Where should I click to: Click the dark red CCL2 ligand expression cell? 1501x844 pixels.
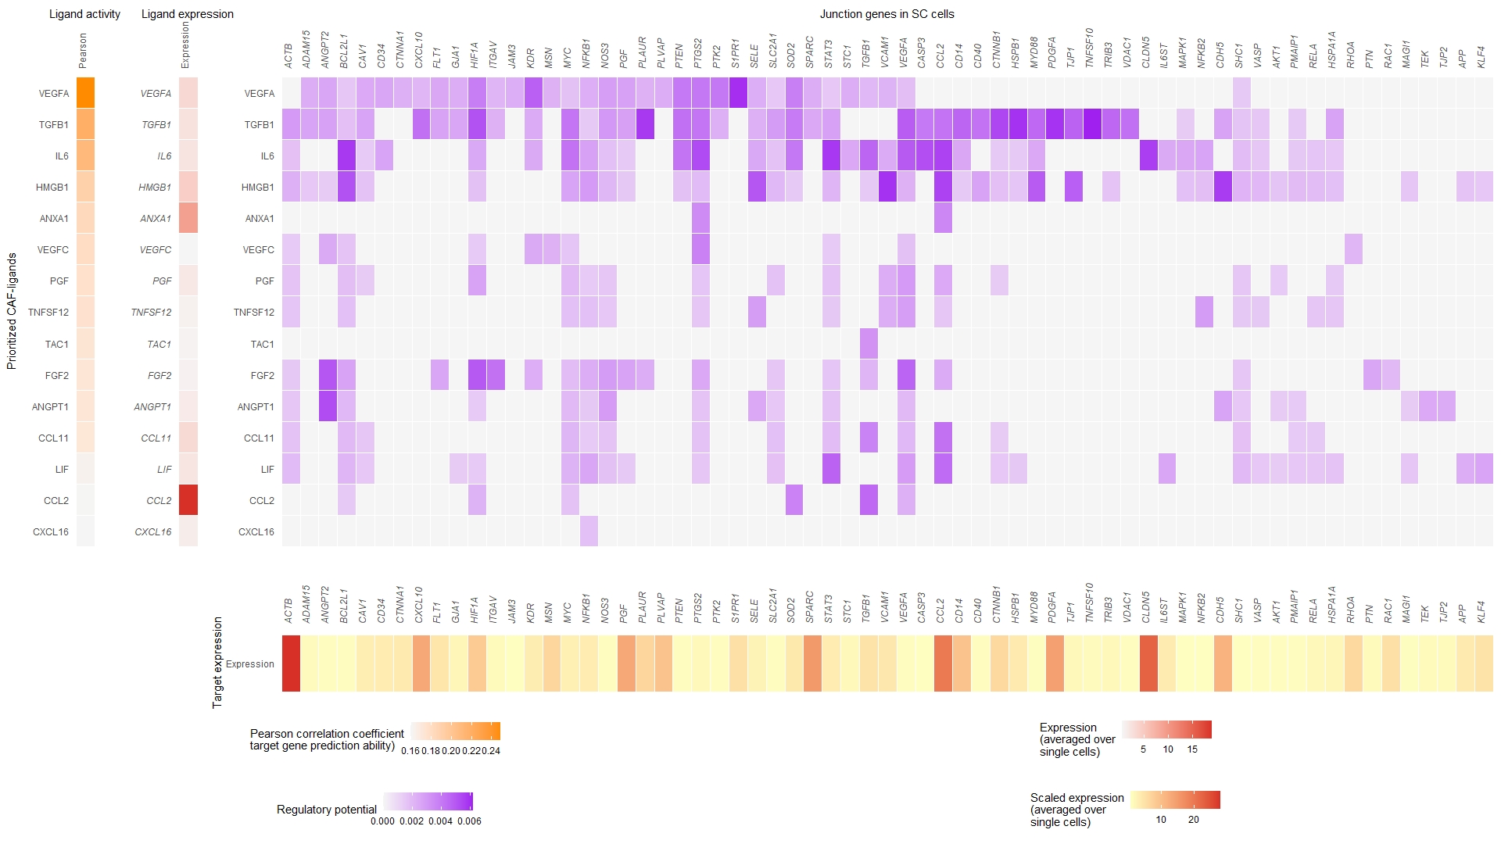pyautogui.click(x=188, y=500)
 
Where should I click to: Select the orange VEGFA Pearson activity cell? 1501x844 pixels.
pyautogui.click(x=85, y=93)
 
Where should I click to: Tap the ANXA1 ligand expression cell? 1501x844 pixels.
pyautogui.click(x=188, y=218)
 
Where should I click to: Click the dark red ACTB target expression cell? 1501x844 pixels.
pyautogui.click(x=291, y=663)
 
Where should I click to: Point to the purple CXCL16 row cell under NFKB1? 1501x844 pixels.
pyautogui.click(x=589, y=531)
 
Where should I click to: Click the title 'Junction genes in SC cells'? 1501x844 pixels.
pyautogui.click(x=887, y=14)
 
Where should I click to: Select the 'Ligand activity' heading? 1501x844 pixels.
pyautogui.click(x=84, y=14)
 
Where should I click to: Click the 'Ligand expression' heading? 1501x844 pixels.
pyautogui.click(x=187, y=14)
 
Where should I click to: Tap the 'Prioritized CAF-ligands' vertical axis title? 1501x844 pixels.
pyautogui.click(x=12, y=311)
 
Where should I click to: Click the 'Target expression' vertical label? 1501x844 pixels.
pyautogui.click(x=217, y=663)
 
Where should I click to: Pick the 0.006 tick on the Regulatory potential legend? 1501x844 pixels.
pyautogui.click(x=469, y=821)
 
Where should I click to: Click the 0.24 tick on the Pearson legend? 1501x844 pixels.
pyautogui.click(x=491, y=751)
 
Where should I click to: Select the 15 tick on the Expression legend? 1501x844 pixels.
pyautogui.click(x=1192, y=749)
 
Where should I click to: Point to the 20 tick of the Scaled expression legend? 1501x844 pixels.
pyautogui.click(x=1193, y=820)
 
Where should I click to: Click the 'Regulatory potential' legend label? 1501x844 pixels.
pyautogui.click(x=326, y=810)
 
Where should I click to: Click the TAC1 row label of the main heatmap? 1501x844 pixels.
pyautogui.click(x=262, y=345)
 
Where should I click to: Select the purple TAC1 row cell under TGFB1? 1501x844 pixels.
pyautogui.click(x=868, y=344)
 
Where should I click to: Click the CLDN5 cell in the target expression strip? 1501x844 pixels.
pyautogui.click(x=1148, y=663)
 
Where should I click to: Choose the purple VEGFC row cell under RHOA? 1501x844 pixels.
pyautogui.click(x=1353, y=249)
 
